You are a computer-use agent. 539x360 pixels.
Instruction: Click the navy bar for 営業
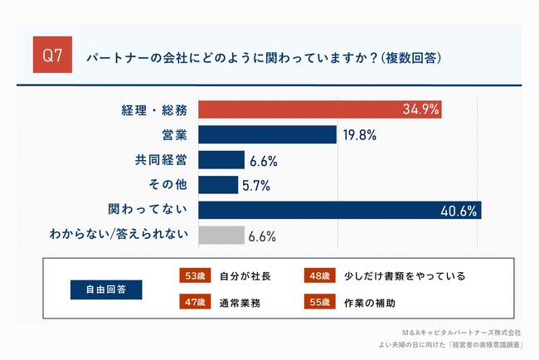267,135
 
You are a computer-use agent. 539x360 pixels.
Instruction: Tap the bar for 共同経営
221,160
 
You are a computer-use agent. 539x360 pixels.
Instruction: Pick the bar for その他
218,185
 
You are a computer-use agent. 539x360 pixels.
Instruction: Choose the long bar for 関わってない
340,210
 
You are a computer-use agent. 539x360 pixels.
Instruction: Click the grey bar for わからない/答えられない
221,236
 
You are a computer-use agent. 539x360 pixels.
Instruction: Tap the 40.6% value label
457,211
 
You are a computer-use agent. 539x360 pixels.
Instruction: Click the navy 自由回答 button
105,289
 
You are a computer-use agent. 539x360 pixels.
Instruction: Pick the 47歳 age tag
194,303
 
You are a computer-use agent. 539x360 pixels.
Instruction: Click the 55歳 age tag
319,303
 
